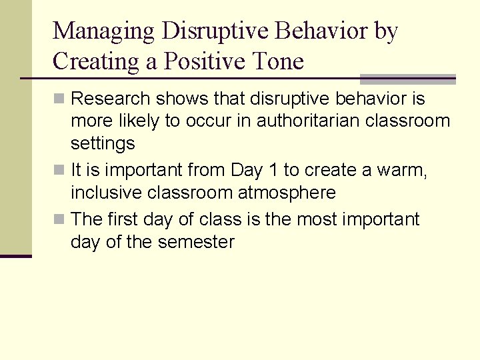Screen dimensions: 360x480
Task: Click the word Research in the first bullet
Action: click(x=111, y=99)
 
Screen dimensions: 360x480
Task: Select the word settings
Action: click(x=103, y=144)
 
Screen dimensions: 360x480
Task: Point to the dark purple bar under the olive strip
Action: click(x=15, y=256)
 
